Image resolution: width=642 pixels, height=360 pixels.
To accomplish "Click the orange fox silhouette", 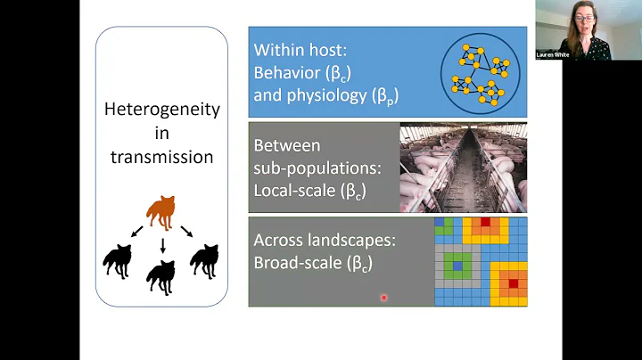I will [x=161, y=211].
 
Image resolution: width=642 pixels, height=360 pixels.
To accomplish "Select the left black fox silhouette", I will [x=118, y=261].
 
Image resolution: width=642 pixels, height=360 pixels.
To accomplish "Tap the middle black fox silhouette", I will [x=161, y=275].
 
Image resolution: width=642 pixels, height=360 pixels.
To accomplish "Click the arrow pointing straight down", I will [x=161, y=244].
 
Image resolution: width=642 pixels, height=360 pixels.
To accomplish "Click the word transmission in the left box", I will [x=161, y=158].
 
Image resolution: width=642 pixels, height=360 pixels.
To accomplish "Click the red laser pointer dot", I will [x=384, y=298].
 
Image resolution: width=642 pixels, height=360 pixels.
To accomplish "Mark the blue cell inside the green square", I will [x=458, y=266].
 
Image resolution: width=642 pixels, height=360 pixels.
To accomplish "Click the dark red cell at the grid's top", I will [x=486, y=222].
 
